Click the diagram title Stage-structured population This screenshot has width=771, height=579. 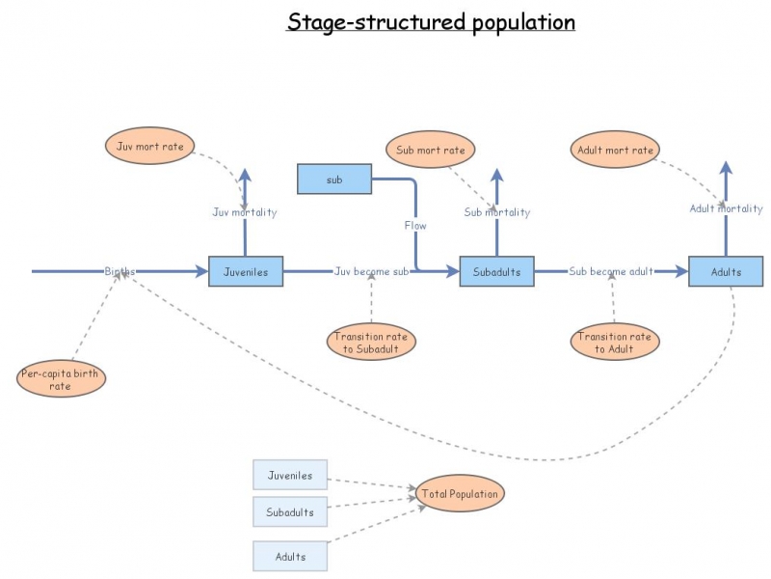point(431,21)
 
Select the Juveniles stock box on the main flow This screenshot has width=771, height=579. point(246,272)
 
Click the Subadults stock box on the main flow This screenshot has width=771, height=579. point(496,272)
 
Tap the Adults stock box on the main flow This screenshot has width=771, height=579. point(726,272)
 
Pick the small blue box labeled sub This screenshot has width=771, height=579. point(334,179)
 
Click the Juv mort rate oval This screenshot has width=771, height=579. point(149,147)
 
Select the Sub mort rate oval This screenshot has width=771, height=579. point(431,150)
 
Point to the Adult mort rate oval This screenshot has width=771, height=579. point(615,150)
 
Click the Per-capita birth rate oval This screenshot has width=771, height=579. point(62,379)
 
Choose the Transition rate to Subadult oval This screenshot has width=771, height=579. point(371,343)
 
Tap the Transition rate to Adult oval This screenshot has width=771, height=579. point(614,343)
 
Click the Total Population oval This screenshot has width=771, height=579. point(460,494)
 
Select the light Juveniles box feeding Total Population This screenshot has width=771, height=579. point(290,476)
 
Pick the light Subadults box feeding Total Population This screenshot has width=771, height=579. point(290,511)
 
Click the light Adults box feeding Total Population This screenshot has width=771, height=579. point(290,557)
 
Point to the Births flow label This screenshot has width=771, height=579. point(120,272)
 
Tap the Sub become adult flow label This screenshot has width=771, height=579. point(611,272)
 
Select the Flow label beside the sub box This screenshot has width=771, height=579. point(415,226)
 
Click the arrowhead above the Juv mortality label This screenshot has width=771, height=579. point(245,177)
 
